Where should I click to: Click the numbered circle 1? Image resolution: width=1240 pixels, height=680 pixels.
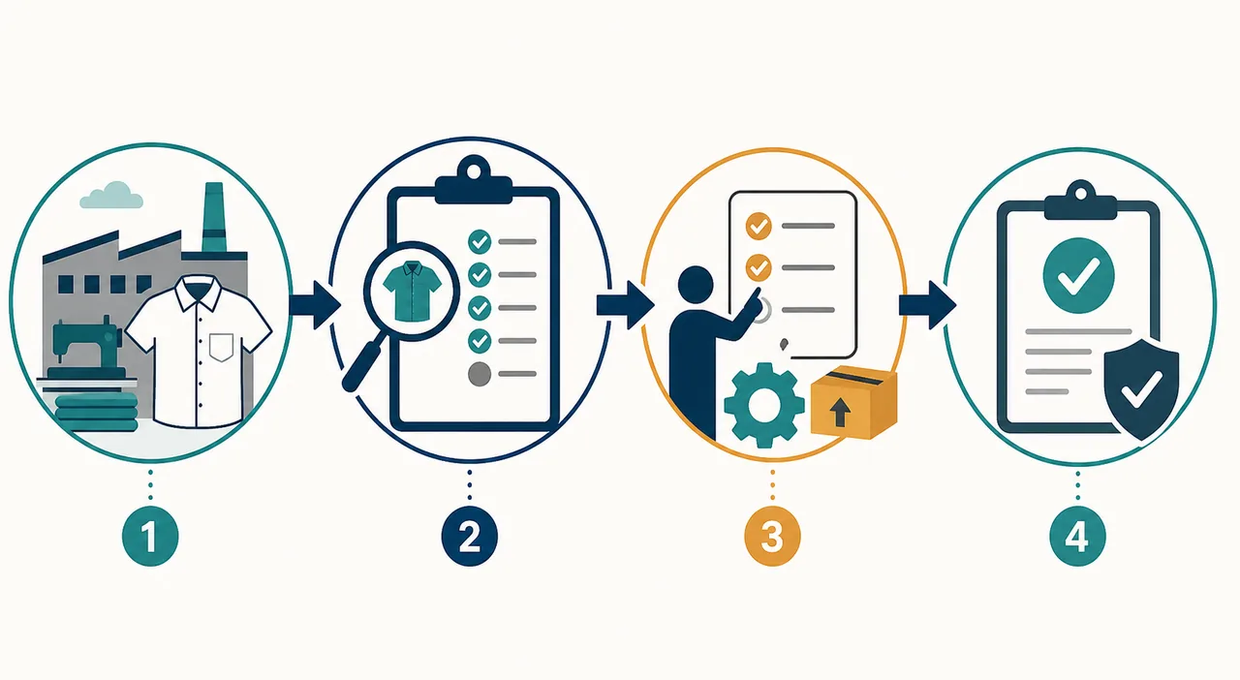coord(150,536)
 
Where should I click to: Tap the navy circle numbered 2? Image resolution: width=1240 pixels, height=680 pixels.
coord(470,536)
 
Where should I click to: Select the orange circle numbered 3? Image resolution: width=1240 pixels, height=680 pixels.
coord(772,536)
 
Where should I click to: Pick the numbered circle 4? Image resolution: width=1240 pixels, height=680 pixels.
coord(1077,536)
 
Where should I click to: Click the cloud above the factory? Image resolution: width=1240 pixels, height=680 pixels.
coord(111,195)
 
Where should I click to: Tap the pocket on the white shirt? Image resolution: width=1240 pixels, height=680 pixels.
coord(222,347)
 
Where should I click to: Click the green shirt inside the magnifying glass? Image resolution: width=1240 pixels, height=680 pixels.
coord(412,292)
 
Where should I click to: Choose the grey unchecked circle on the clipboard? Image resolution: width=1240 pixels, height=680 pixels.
coord(480,374)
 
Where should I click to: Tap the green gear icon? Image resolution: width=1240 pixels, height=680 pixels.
coord(764,405)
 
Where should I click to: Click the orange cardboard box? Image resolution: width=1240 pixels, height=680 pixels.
coord(853,403)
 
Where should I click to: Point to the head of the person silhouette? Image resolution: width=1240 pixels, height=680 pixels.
coord(696,284)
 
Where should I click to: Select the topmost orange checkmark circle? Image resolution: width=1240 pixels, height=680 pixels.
coord(759,226)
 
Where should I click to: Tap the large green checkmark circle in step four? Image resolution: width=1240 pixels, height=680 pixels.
coord(1078,275)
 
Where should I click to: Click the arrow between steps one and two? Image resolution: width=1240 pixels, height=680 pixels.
coord(315,304)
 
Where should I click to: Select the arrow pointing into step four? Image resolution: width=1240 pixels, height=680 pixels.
coord(928,305)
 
